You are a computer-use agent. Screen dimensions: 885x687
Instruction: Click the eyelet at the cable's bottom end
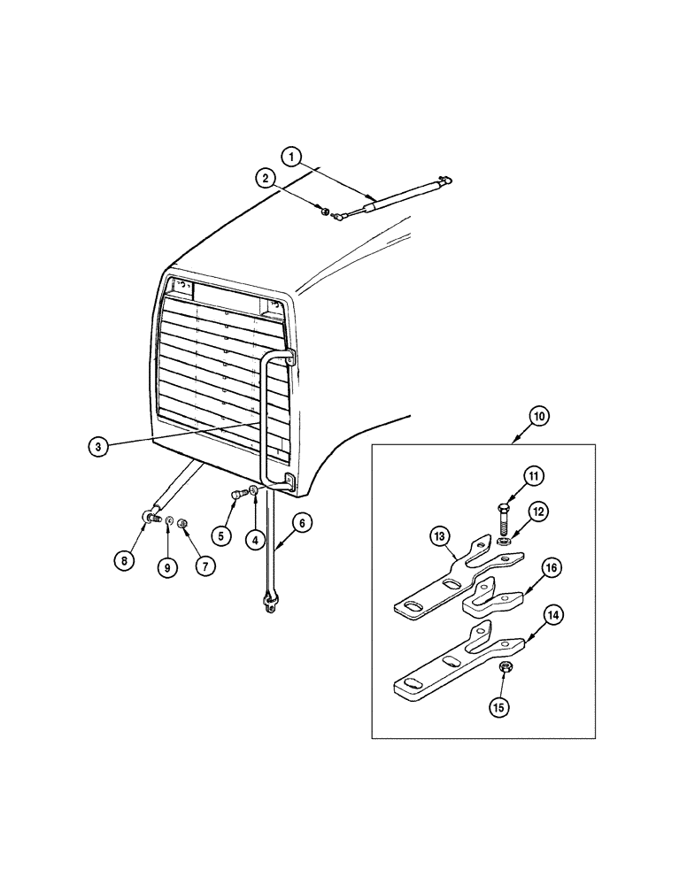click(x=268, y=604)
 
